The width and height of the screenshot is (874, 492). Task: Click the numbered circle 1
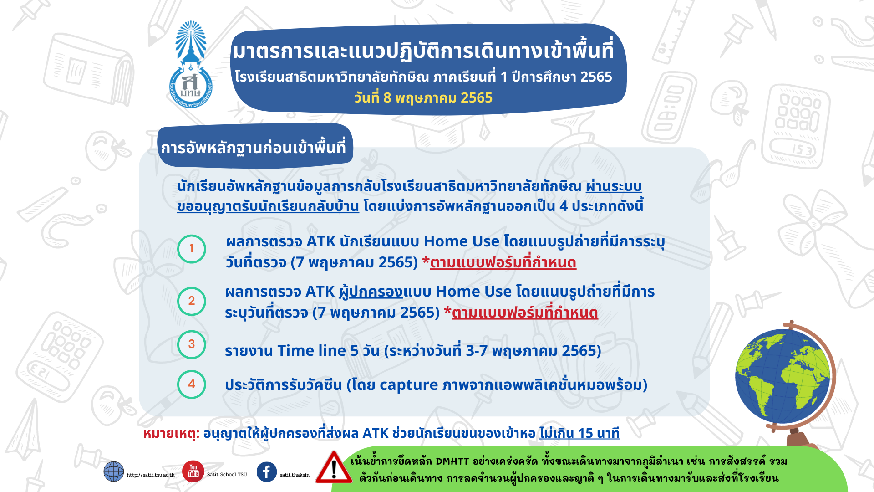click(192, 249)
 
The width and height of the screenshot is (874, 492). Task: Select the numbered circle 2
click(192, 301)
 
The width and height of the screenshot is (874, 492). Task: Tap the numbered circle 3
click(192, 344)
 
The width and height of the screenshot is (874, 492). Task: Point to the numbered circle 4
click(192, 384)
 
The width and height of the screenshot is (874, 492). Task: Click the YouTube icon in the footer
click(193, 471)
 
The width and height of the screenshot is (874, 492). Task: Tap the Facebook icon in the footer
click(267, 472)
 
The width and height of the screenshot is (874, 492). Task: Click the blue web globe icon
click(114, 471)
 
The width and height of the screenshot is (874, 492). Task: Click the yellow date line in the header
click(423, 98)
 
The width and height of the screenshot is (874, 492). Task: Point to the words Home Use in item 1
click(462, 241)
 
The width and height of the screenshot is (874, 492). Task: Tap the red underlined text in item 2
click(525, 313)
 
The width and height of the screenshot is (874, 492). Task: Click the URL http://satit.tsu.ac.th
click(151, 475)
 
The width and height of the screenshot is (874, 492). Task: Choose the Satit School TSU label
click(227, 474)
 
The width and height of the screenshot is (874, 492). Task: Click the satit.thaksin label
click(295, 475)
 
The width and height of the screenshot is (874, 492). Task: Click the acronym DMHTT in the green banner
click(452, 461)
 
